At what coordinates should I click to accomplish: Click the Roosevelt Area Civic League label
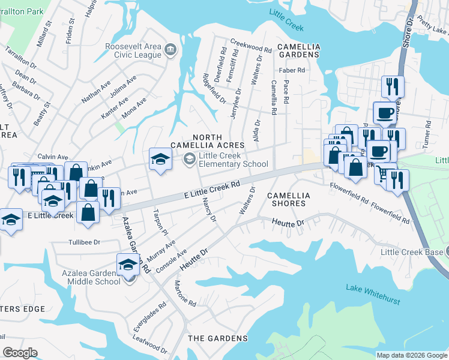133,50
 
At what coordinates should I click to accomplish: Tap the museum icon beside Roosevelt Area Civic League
170,50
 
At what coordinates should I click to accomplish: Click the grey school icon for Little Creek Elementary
190,158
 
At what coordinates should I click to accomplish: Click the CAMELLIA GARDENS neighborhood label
297,50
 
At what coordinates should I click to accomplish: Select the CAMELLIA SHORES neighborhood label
289,200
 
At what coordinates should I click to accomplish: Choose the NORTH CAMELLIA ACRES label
207,141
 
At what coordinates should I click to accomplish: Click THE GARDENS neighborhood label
217,338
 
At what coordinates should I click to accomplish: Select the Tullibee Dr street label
83,242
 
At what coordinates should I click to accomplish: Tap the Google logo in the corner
20,353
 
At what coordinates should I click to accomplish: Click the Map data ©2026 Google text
411,355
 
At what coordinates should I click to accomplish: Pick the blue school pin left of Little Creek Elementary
160,159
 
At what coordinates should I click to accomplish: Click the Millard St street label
46,29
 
